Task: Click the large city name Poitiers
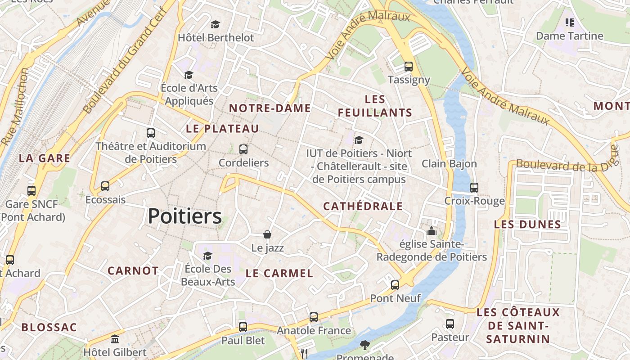click(x=184, y=216)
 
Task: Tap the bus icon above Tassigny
click(x=409, y=67)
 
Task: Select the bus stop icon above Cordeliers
click(x=243, y=149)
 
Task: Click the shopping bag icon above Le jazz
click(x=267, y=234)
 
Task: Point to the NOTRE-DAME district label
click(x=270, y=108)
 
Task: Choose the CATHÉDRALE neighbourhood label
click(x=363, y=207)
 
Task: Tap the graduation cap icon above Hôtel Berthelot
click(x=216, y=24)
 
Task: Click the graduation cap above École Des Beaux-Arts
click(x=207, y=256)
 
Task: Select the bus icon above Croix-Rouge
click(x=474, y=187)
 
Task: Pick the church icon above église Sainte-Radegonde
click(x=432, y=231)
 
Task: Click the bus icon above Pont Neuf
click(x=395, y=285)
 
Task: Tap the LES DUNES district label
click(x=527, y=224)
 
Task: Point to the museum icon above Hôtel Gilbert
click(x=115, y=339)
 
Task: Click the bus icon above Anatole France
click(x=314, y=317)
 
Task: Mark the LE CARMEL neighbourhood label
click(x=279, y=273)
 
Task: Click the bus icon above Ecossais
click(x=105, y=186)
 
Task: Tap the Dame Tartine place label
click(x=569, y=36)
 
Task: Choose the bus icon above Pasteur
click(x=450, y=324)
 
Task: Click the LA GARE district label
click(x=45, y=158)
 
